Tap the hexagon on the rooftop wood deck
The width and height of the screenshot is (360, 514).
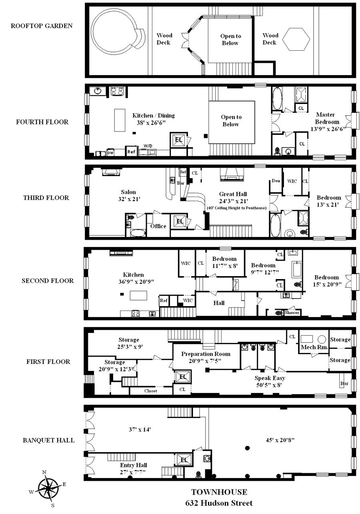point(296,39)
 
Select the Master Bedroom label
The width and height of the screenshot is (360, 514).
point(326,118)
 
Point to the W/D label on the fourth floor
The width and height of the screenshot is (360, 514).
point(148,146)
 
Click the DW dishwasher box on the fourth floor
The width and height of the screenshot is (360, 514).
point(110,152)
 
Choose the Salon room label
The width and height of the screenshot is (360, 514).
point(128,192)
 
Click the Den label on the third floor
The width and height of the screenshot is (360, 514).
point(276,181)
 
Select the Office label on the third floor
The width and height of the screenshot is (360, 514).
point(158,226)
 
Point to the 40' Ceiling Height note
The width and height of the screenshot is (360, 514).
point(236,208)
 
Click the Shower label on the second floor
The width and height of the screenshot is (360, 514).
point(292,313)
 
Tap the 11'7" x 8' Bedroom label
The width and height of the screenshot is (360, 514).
point(224,262)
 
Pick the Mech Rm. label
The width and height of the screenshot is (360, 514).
point(314,347)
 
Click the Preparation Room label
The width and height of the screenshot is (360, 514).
point(206,354)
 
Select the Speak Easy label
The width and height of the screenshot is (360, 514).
point(270,378)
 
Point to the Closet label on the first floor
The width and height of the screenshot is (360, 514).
point(151,390)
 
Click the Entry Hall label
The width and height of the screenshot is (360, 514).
point(133,465)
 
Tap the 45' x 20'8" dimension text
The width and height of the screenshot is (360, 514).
point(280,440)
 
